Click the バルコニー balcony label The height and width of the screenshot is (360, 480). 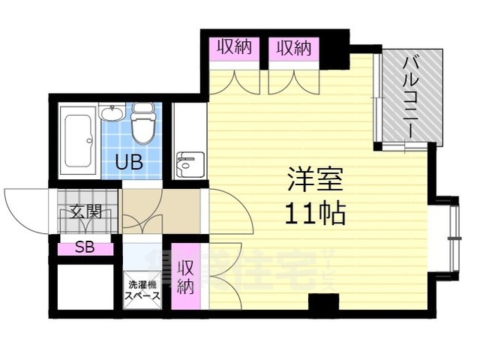click(411, 95)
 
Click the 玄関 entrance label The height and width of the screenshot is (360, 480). click(84, 212)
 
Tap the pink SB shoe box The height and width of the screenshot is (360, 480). click(84, 248)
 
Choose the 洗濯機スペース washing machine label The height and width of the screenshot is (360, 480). click(142, 290)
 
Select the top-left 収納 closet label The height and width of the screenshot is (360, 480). click(234, 49)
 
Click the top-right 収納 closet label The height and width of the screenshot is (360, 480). click(292, 49)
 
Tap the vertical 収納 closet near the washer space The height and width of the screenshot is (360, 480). click(185, 277)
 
